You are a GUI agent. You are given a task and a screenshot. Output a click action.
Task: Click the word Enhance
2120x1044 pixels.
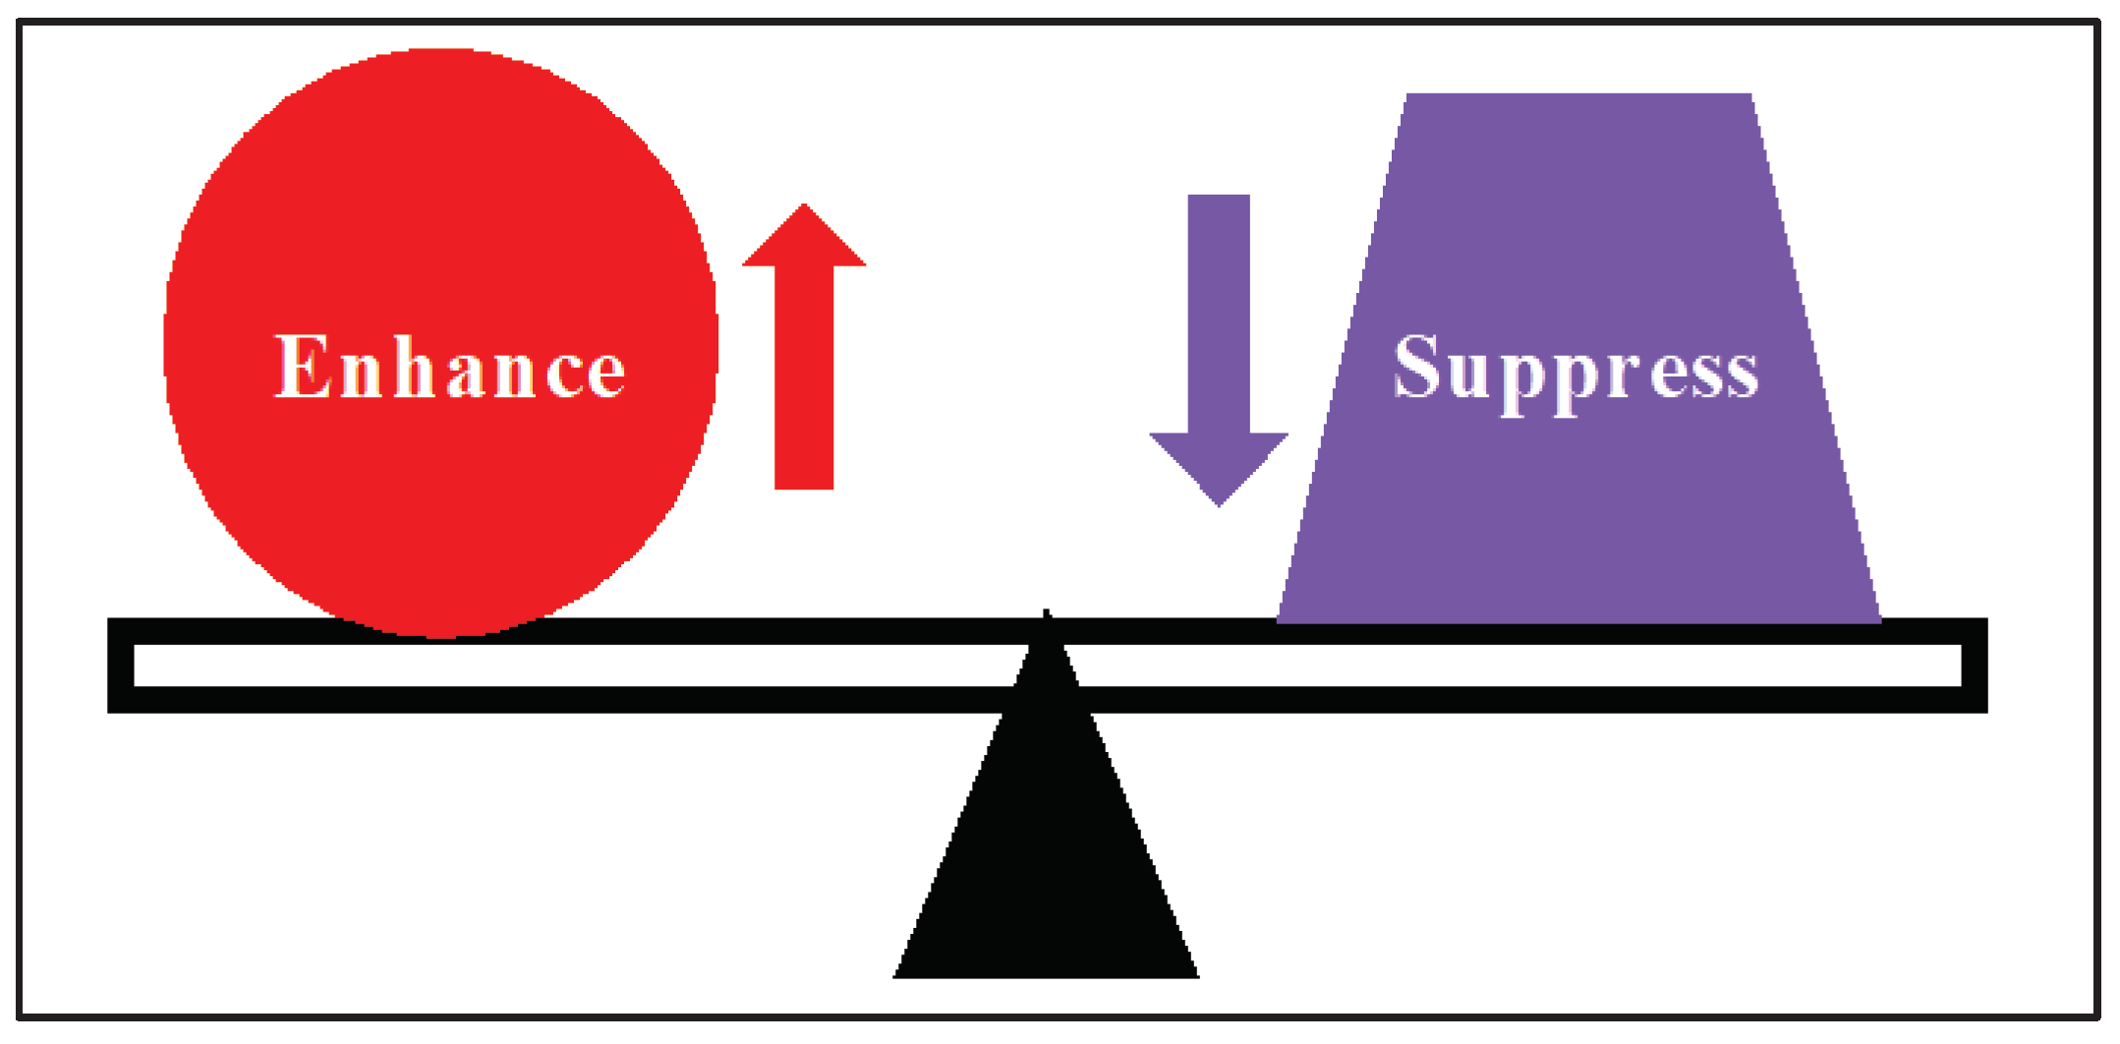449,367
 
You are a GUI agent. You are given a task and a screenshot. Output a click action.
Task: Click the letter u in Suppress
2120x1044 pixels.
1468,375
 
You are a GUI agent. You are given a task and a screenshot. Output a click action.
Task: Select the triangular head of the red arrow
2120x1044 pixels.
804,241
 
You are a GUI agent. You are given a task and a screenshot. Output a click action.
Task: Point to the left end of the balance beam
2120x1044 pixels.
120,666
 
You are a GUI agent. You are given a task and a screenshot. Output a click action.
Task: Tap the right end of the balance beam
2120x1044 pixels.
1974,666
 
